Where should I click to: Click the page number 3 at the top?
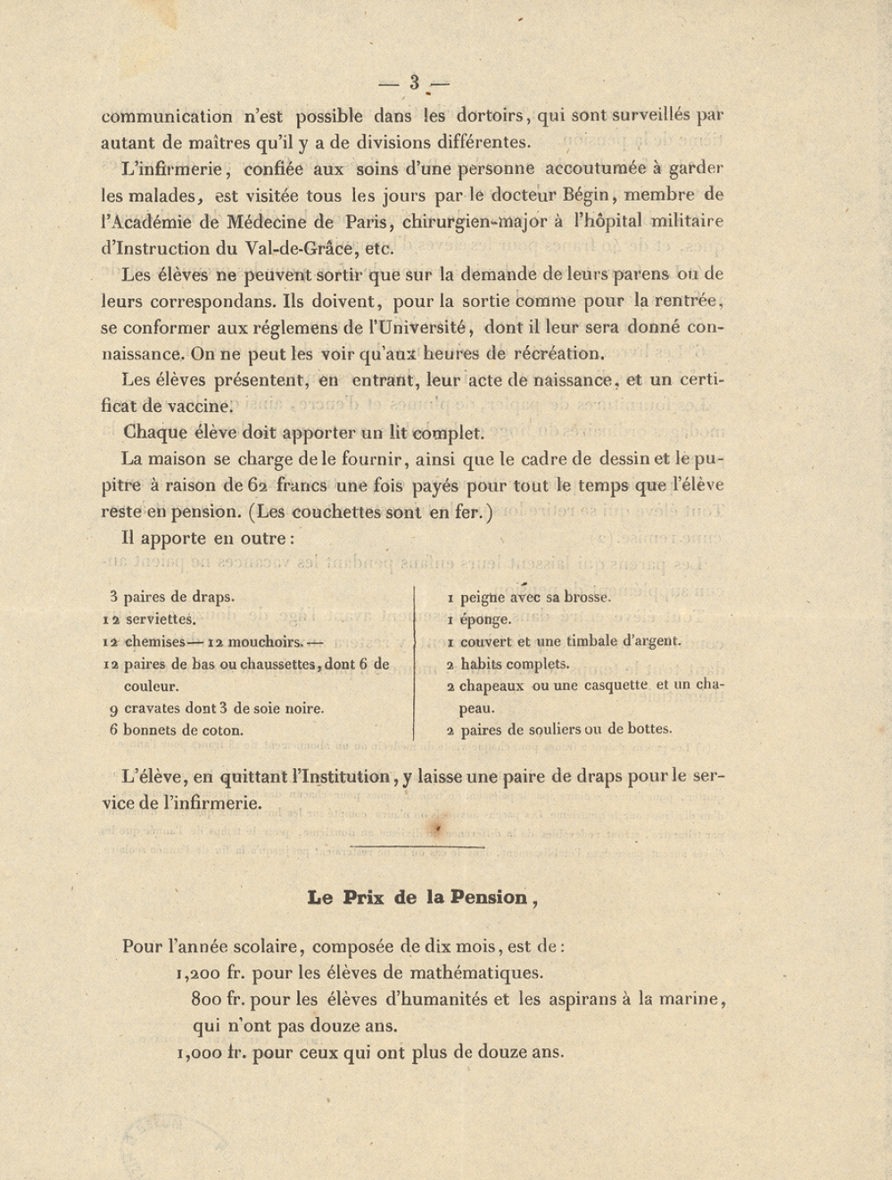click(415, 83)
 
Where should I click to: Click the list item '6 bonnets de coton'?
click(176, 730)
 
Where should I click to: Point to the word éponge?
click(485, 619)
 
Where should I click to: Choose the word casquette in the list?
click(613, 685)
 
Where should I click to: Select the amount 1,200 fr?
click(211, 973)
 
